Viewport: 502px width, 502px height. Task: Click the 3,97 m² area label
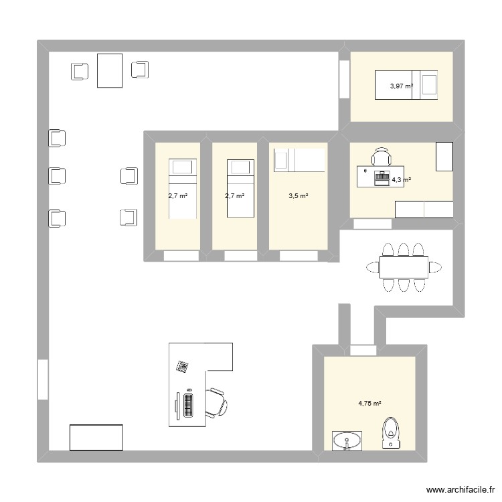coord(402,86)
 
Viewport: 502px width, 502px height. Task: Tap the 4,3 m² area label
coord(401,180)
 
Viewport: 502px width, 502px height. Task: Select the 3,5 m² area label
coord(298,196)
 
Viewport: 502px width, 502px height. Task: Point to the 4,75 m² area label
coord(369,404)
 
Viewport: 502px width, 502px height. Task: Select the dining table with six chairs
coord(403,267)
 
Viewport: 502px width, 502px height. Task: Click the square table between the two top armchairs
coord(110,70)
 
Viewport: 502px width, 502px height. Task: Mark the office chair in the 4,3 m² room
coord(381,157)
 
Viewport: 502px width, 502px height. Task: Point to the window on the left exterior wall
coord(43,380)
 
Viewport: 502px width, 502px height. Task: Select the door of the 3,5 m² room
coord(298,255)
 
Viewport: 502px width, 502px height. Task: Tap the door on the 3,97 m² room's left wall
coord(344,79)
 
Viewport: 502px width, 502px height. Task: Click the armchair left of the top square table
coord(80,70)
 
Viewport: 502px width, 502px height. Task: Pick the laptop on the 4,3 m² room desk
coord(382,177)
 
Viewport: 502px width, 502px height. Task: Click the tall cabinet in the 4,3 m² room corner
coord(444,156)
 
